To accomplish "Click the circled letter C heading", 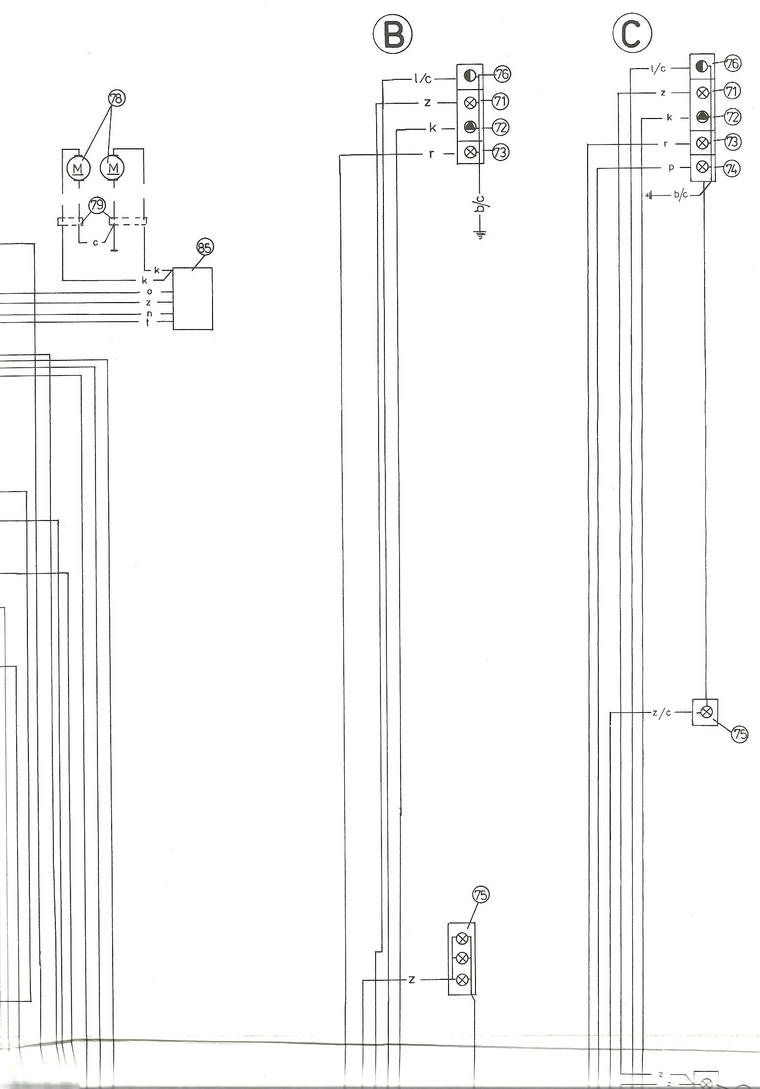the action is pos(632,33).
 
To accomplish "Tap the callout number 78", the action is pos(116,99).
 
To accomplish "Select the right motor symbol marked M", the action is pos(113,168).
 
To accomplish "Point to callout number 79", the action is pos(97,206).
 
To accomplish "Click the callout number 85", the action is pos(205,248).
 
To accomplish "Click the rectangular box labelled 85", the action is pos(193,299).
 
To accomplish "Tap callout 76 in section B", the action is pos(503,74).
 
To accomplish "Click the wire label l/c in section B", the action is pos(421,78).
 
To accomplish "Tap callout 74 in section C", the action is pos(732,169).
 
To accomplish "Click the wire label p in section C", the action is pos(672,168).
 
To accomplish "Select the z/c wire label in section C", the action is pos(662,713).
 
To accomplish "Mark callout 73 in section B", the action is pos(501,152).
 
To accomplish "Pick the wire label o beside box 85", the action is pos(149,292).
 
